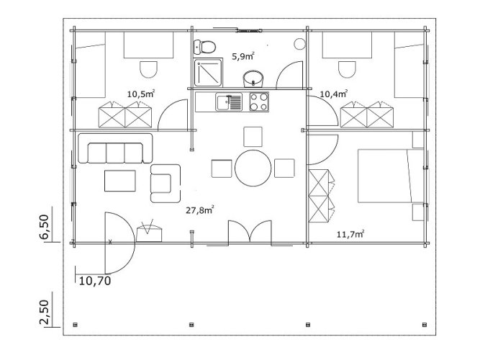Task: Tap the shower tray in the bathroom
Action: coord(208,72)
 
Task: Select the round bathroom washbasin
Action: coord(253,79)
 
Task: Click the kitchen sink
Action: coord(229,102)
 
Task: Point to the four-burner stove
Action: coord(259,102)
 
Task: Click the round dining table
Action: coord(253,168)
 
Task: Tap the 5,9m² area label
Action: coord(243,56)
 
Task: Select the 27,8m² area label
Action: coord(199,210)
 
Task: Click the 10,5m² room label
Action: coord(141,94)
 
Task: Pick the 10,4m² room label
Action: coord(333,94)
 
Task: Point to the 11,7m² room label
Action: coord(350,235)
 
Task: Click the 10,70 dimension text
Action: coord(95,281)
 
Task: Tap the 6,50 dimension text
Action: coord(44,227)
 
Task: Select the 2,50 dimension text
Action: coord(44,312)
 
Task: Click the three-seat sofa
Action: coord(115,148)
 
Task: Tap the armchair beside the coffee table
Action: coord(166,183)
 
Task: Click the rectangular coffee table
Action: coord(120,181)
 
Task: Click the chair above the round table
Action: coord(253,137)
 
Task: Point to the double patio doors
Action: coord(250,233)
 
